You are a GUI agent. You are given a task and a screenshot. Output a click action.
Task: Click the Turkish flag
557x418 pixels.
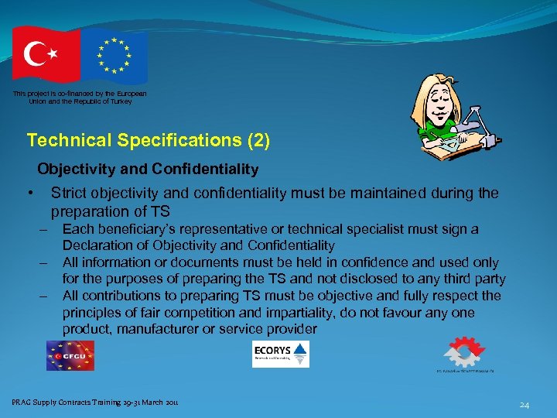pos(45,53)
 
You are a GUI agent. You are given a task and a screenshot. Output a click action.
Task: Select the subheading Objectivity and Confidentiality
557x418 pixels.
pos(148,168)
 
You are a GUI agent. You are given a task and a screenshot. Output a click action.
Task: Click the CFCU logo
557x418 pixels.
pos(70,355)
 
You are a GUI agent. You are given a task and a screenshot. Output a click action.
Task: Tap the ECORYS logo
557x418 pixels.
pos(280,355)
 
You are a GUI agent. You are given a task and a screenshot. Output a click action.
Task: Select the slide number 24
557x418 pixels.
pos(524,404)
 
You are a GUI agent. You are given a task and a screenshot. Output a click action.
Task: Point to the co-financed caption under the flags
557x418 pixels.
pos(79,97)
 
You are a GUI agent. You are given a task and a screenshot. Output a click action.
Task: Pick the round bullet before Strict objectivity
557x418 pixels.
pos(29,194)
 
